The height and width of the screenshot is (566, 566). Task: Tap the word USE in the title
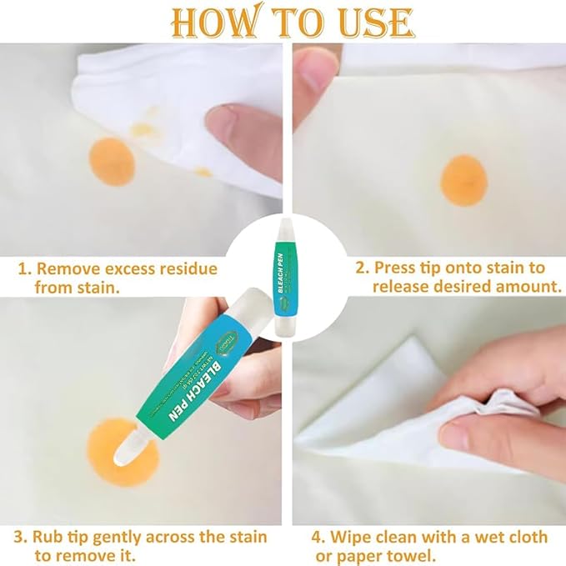(x=368, y=23)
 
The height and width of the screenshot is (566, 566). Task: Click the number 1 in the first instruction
(x=23, y=269)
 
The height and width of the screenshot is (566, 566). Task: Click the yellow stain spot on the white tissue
(x=144, y=130)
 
